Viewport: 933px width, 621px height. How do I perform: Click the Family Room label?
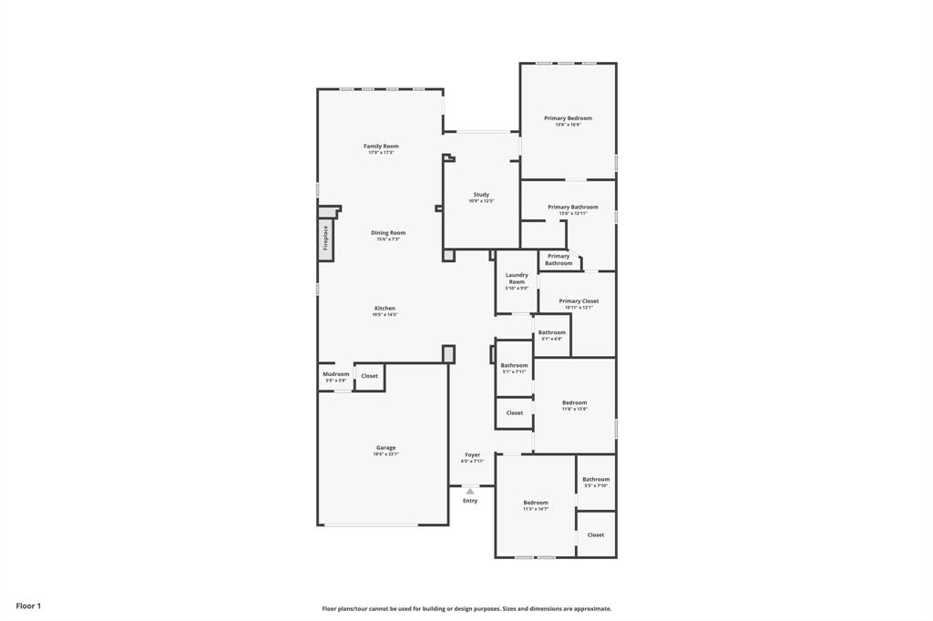381,147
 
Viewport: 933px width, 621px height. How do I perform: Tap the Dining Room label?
388,233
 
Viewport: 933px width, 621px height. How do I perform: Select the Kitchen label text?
384,309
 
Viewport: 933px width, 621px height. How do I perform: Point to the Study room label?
481,195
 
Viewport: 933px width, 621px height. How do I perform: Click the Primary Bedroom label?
568,118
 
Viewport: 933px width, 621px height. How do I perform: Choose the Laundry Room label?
517,279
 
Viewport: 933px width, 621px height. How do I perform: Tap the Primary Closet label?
579,301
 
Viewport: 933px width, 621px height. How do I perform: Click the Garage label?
386,448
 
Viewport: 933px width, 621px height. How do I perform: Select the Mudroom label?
335,374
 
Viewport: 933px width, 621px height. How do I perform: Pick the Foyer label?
472,455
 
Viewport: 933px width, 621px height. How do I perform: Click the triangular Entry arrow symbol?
470,491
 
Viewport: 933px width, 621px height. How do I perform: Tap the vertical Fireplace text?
325,239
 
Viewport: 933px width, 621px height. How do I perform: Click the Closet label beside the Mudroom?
369,376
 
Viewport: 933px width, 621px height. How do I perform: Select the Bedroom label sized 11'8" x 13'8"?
574,402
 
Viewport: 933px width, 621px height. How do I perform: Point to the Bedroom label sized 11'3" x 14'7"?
536,503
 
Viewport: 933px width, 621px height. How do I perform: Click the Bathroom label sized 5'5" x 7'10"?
596,480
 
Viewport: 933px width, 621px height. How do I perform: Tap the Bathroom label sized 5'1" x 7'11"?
514,366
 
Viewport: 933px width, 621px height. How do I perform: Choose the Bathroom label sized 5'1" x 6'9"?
551,332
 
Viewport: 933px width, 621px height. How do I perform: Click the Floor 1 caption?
28,606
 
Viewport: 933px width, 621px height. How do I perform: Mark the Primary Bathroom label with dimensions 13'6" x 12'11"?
572,208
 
